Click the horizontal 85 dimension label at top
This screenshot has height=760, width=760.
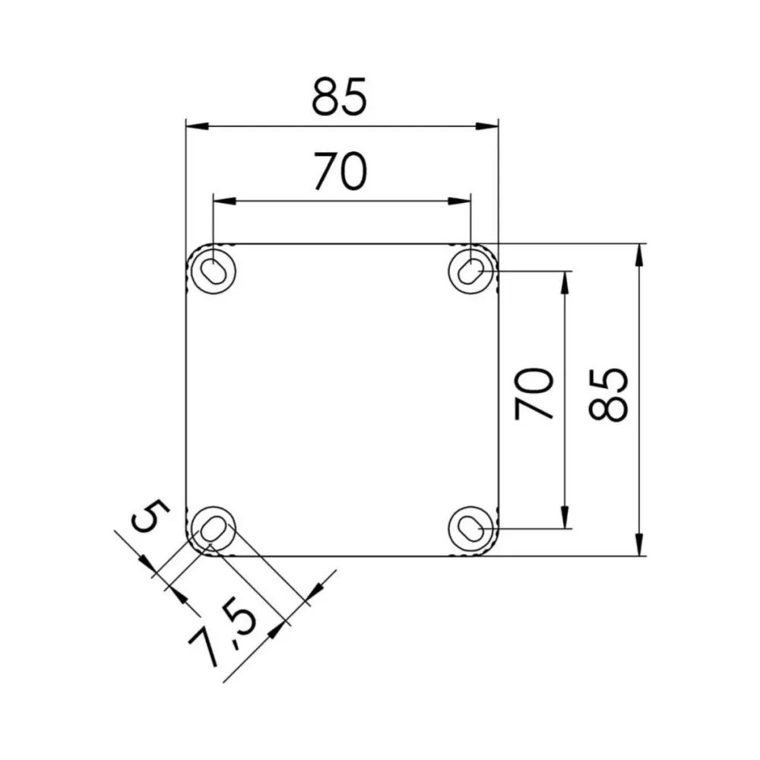coord(340,97)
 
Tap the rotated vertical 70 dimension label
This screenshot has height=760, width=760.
coord(534,394)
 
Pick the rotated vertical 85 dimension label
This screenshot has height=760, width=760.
coord(609,394)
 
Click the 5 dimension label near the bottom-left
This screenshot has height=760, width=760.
coord(148,518)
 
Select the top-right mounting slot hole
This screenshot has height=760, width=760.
coord(471,270)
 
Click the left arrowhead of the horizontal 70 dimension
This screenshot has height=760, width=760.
coord(223,201)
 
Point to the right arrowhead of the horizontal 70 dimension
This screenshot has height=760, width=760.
coord(461,201)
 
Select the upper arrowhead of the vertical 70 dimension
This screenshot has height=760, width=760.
coord(565,280)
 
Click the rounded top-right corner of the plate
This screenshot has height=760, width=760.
coord(492,250)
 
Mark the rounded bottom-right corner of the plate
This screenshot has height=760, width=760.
coord(492,549)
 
